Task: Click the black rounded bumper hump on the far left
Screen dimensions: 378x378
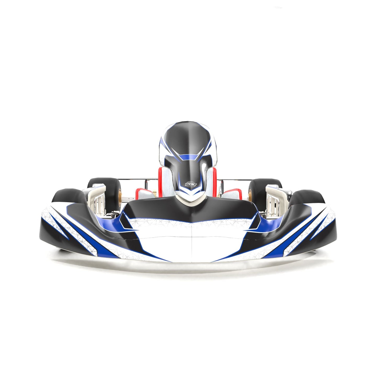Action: pos(67,195)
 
